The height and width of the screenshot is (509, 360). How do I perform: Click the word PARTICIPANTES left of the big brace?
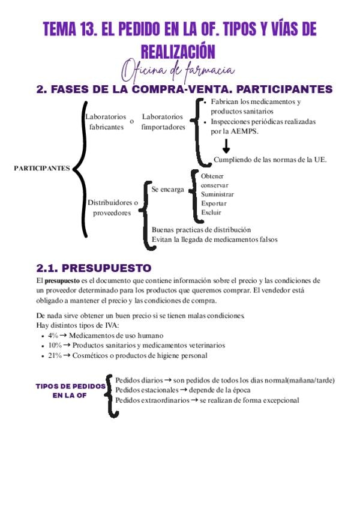point(41,169)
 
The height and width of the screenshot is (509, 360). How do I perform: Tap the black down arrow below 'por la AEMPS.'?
point(227,145)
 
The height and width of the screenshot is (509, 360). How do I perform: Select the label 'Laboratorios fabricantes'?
point(106,122)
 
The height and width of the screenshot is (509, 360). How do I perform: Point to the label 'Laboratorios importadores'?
point(163,122)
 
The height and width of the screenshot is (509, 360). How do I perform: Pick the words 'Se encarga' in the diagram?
point(167,189)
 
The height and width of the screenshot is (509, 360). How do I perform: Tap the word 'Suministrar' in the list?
point(217,194)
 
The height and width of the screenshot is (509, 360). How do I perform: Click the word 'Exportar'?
point(214,203)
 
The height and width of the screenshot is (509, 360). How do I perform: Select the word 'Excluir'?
point(211,212)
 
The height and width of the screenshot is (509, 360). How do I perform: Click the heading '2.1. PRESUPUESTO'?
point(94,268)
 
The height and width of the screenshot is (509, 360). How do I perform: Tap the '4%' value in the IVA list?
point(53,336)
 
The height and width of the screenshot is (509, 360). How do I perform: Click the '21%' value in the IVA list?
point(55,355)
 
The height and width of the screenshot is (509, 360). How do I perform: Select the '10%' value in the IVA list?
point(55,346)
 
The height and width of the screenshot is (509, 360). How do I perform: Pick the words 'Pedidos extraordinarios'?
point(152,400)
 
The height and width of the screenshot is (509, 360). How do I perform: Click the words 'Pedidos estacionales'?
point(146,390)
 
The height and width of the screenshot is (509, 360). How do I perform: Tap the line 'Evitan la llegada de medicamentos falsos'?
point(214,239)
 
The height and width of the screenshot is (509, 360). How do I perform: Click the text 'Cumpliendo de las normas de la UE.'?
point(270,160)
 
